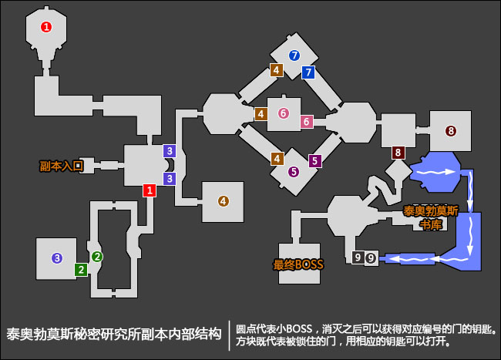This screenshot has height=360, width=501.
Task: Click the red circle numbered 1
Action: (x=46, y=27)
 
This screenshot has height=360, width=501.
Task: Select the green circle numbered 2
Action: (x=97, y=256)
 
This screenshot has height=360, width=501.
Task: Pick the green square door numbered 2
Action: (x=80, y=269)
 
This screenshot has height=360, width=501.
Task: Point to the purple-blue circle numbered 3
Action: (x=56, y=258)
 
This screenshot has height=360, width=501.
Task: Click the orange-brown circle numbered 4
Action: (x=224, y=201)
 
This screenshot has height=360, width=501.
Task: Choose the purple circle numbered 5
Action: (x=293, y=172)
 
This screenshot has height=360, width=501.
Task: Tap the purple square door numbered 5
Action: (x=314, y=161)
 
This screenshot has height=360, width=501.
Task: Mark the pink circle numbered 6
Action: (x=284, y=113)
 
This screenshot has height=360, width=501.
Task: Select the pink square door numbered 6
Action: (x=306, y=122)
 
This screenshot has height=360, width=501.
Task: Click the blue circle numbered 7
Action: (x=293, y=56)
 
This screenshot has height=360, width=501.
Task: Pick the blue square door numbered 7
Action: (x=308, y=72)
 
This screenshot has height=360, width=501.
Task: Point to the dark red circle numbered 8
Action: (x=450, y=131)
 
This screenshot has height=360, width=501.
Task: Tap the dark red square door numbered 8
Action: (x=398, y=153)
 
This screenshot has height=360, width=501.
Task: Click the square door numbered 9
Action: (x=357, y=257)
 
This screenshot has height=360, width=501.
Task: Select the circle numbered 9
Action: (x=372, y=258)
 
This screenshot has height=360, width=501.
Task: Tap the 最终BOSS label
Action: (x=298, y=265)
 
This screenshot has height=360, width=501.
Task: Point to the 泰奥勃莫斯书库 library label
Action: (x=429, y=217)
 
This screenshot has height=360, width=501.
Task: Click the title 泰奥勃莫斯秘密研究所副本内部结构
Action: (x=114, y=336)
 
